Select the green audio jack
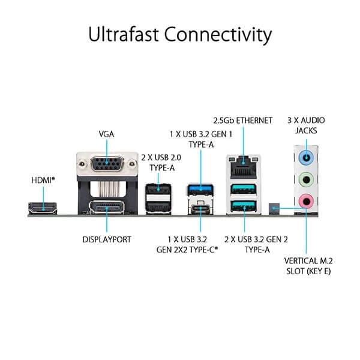(x=307, y=179)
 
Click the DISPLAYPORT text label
(x=106, y=239)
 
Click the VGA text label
(x=106, y=134)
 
